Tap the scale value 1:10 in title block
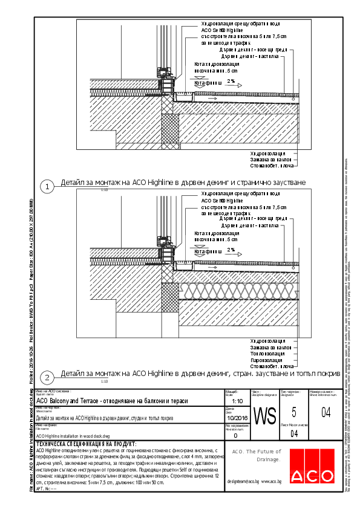237,401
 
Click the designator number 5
293,413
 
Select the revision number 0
235,435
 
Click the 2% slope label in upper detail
231,81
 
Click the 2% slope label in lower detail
231,250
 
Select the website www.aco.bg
272,481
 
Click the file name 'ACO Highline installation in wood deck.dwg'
73,435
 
